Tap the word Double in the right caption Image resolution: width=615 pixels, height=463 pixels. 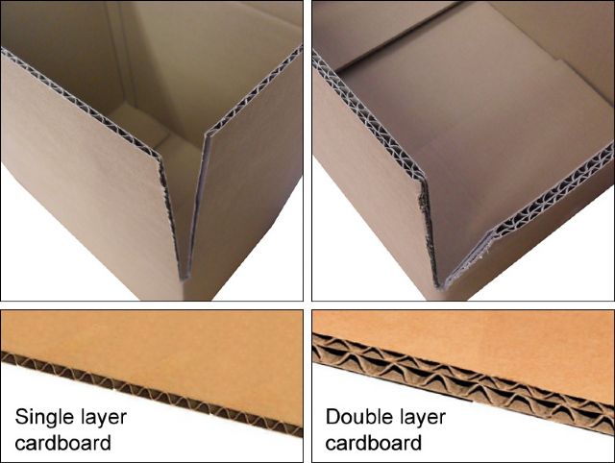pyautogui.click(x=356, y=417)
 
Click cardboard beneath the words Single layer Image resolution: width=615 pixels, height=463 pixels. pyautogui.click(x=62, y=443)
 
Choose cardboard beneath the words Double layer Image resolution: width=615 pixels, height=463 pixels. pyautogui.click(x=374, y=443)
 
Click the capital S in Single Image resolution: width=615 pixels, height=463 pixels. pyautogui.click(x=21, y=417)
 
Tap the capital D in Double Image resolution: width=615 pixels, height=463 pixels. pyautogui.click(x=332, y=417)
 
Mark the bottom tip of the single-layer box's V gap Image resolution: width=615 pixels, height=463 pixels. pyautogui.click(x=184, y=279)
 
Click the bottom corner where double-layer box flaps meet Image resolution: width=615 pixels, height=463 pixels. pyautogui.click(x=439, y=287)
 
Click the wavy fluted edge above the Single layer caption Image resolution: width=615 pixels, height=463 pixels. pyautogui.click(x=152, y=393)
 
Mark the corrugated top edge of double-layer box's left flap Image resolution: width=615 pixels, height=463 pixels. pyautogui.click(x=369, y=116)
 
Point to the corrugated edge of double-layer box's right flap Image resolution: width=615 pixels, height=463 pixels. pyautogui.click(x=553, y=189)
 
